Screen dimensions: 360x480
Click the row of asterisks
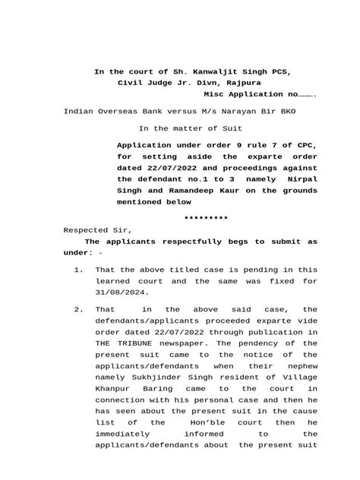(207, 217)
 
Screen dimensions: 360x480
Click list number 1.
(78, 270)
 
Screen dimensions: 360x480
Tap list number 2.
(78, 310)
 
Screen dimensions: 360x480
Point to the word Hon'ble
(211, 421)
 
